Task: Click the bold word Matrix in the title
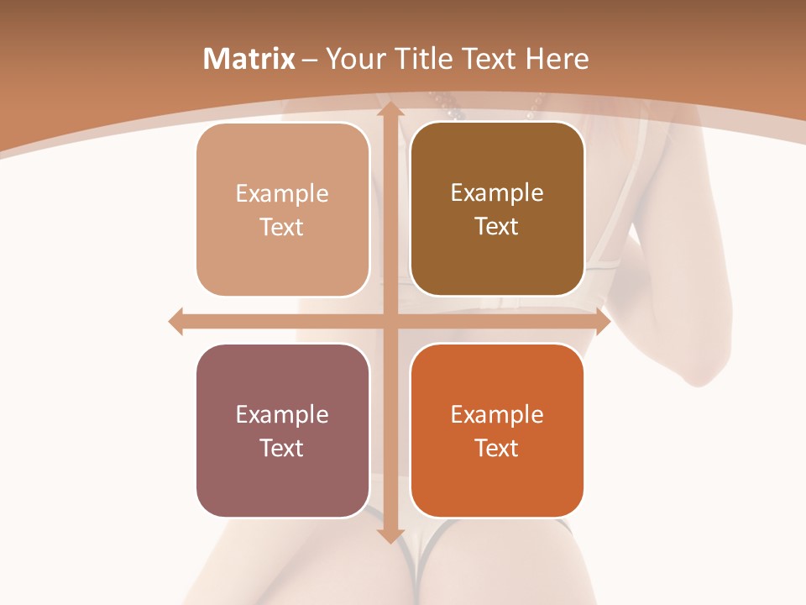click(x=249, y=59)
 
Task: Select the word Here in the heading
click(x=557, y=59)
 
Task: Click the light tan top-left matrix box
click(x=283, y=209)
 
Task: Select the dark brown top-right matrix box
click(x=497, y=209)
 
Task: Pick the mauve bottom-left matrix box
click(x=283, y=430)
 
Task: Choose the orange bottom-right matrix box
click(x=497, y=430)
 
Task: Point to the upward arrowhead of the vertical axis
click(x=389, y=109)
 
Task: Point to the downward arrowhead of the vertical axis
click(x=389, y=534)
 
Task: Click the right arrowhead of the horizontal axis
click(x=602, y=322)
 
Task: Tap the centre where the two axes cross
click(x=389, y=322)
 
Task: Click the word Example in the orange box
click(x=497, y=414)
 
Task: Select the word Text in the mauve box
click(x=281, y=448)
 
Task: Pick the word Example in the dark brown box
click(x=497, y=192)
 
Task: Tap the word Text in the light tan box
click(x=281, y=227)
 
